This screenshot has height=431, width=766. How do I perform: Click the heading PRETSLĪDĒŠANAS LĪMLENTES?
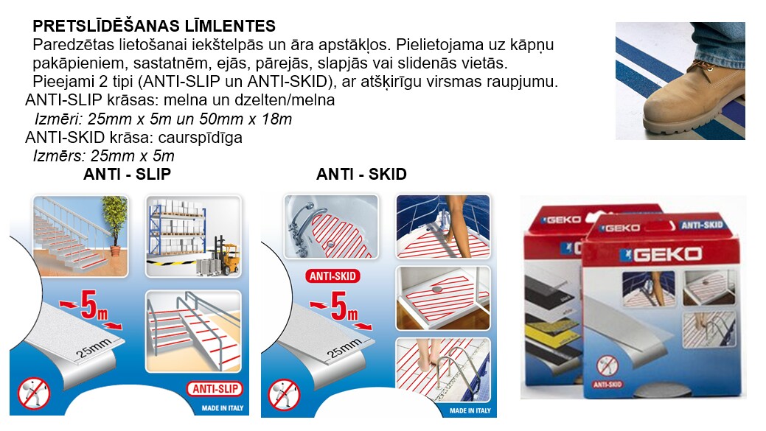click(x=154, y=26)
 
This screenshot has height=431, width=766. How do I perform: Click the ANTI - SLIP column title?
click(x=127, y=175)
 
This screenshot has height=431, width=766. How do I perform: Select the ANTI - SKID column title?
click(x=361, y=175)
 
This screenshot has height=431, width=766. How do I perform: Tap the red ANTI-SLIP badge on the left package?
click(x=215, y=389)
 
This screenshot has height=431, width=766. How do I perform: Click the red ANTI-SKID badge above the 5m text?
click(x=332, y=276)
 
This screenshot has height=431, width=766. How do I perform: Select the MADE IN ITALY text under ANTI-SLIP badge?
click(x=222, y=408)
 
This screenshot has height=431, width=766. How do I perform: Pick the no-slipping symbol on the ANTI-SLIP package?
click(x=34, y=393)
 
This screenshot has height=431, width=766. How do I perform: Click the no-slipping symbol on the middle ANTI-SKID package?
click(x=284, y=395)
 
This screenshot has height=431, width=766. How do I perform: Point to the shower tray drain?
click(x=436, y=289)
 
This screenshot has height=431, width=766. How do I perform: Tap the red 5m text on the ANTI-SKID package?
click(x=344, y=306)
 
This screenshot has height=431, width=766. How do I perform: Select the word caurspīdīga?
click(x=201, y=138)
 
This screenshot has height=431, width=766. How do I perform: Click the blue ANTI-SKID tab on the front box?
click(x=702, y=225)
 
